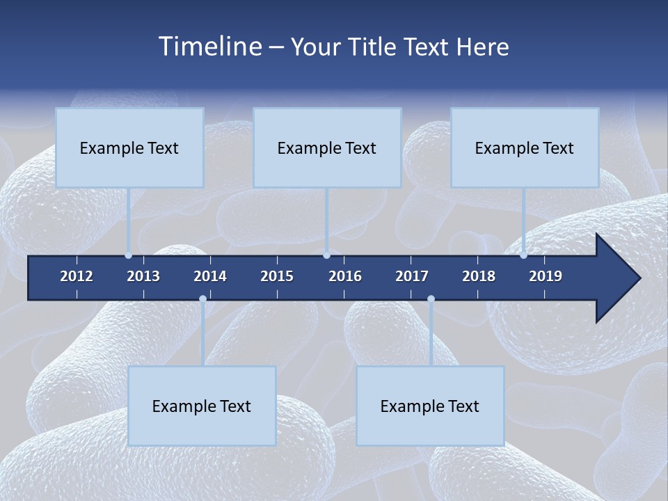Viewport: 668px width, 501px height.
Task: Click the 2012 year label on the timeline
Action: click(77, 276)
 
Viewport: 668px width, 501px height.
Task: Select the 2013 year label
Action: click(143, 276)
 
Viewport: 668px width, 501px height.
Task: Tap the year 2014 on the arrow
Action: click(210, 276)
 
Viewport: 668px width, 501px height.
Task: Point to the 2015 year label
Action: click(277, 276)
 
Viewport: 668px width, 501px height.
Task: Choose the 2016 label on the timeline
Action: click(345, 276)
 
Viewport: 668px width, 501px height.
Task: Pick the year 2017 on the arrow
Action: click(412, 276)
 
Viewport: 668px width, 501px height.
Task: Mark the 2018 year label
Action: click(479, 276)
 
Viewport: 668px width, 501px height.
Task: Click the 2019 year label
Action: click(546, 276)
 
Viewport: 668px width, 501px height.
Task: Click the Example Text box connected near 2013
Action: click(129, 148)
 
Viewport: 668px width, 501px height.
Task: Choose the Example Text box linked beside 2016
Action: click(327, 148)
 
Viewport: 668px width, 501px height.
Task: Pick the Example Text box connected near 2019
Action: click(525, 148)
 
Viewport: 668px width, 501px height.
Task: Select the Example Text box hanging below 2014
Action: click(202, 406)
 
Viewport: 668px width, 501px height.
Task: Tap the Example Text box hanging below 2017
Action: click(430, 406)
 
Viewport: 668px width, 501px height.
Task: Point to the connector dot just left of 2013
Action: click(129, 255)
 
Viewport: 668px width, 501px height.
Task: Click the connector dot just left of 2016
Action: click(326, 255)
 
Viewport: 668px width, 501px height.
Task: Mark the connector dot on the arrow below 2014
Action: click(202, 299)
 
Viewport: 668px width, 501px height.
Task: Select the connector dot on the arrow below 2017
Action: click(431, 299)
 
